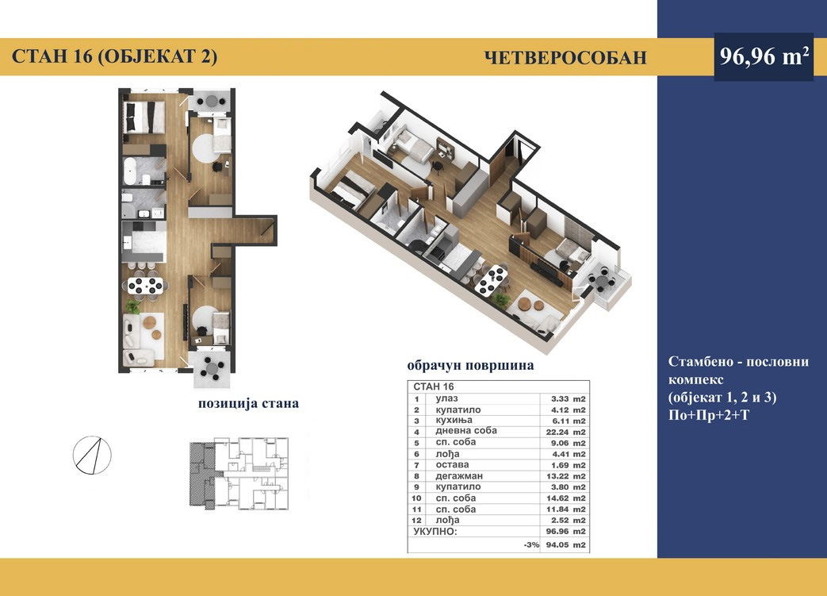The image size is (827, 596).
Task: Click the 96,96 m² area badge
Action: [x=764, y=56]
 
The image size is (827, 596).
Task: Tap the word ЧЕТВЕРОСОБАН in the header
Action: [x=565, y=57]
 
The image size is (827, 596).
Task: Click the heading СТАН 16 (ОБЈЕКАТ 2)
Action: [x=114, y=56]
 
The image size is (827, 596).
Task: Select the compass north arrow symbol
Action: [x=92, y=455]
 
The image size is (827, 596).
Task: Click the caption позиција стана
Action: [x=248, y=403]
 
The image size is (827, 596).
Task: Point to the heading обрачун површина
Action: [x=470, y=365]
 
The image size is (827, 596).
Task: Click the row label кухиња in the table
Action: [x=454, y=420]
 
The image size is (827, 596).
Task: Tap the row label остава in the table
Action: [x=452, y=465]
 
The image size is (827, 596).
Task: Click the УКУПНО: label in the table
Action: [x=435, y=532]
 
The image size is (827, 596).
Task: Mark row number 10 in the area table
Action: [x=416, y=498]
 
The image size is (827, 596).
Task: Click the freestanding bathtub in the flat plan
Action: [x=130, y=171]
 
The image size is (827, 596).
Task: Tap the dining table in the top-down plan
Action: [x=146, y=286]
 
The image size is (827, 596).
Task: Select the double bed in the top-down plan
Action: [x=144, y=117]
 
